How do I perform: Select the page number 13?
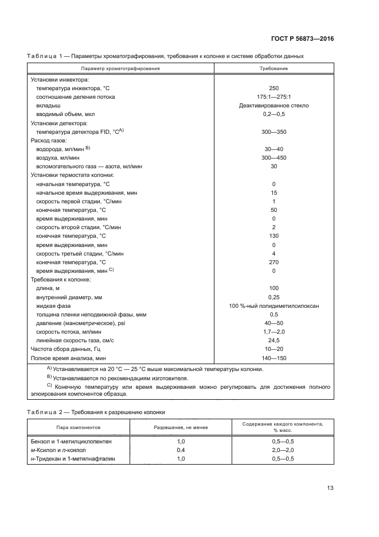coord(330,488)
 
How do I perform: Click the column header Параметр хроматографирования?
coord(120,68)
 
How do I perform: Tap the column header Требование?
coord(273,68)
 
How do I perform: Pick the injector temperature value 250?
coord(273,88)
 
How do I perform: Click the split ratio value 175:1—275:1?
coord(273,97)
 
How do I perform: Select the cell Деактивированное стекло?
coord(273,106)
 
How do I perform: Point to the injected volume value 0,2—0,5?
coord(273,114)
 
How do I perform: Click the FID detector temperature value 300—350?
coord(273,132)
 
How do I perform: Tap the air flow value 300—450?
coord(273,157)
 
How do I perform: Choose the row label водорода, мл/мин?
coord(63,149)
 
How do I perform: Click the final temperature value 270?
coord(273,261)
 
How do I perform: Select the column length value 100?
coord(273,288)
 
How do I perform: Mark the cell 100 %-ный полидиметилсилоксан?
coord(273,306)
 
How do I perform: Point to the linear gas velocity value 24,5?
coord(273,340)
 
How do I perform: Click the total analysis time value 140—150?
coord(273,358)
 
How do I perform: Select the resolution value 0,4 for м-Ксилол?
coord(181,450)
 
